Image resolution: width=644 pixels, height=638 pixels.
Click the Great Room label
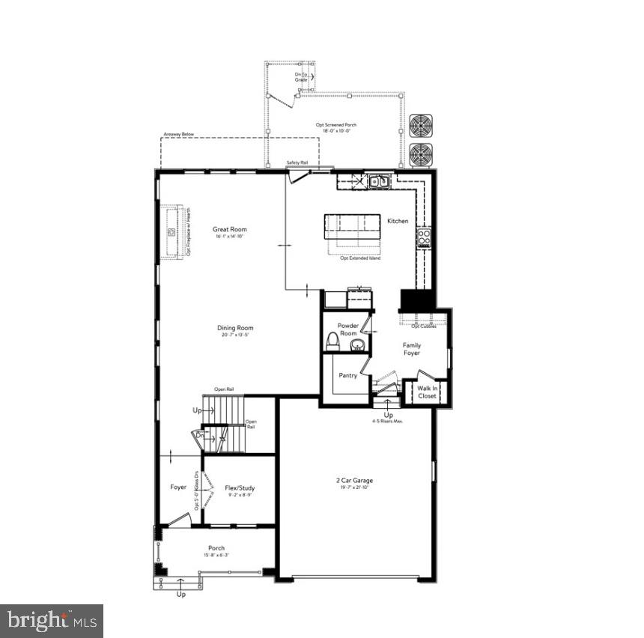click(x=229, y=230)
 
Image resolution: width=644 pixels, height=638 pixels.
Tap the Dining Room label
click(x=235, y=328)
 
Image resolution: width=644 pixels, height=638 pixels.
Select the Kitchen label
click(x=398, y=221)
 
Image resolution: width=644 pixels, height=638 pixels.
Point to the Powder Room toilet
click(x=333, y=341)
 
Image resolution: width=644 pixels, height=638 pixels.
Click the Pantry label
click(x=348, y=375)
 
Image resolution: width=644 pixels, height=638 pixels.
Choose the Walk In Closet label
click(x=428, y=392)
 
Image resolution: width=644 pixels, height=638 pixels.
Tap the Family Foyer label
click(x=412, y=349)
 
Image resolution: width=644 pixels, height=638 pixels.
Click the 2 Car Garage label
click(x=354, y=481)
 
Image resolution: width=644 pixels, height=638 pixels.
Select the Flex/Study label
click(x=240, y=488)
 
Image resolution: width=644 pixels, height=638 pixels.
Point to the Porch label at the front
click(x=216, y=548)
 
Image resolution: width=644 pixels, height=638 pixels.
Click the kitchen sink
click(x=378, y=180)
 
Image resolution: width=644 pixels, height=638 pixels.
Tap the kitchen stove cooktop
click(x=424, y=237)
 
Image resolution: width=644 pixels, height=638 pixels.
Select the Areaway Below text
click(x=179, y=135)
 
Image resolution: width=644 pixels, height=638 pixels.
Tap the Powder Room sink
click(x=358, y=345)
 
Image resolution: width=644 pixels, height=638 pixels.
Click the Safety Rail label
click(x=297, y=162)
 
